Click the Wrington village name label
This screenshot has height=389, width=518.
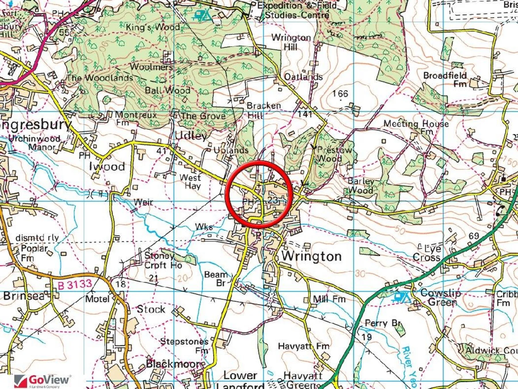(311, 256)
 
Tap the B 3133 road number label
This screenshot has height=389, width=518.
(75, 285)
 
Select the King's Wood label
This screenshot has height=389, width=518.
(153, 27)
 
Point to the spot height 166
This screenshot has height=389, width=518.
(340, 94)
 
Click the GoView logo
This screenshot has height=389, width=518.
(42, 381)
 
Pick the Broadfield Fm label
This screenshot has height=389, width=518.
(445, 80)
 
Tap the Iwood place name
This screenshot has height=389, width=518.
(107, 167)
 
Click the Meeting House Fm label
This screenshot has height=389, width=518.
(416, 126)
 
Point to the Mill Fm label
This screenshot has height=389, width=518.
(329, 299)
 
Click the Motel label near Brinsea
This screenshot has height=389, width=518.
(97, 299)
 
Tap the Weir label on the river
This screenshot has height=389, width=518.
(143, 202)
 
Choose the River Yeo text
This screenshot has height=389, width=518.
(409, 366)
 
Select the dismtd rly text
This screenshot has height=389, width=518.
(37, 238)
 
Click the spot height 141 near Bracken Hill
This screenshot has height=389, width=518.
(305, 114)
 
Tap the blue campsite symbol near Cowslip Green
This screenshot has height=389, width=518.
(401, 297)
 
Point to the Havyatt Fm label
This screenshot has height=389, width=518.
(304, 346)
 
